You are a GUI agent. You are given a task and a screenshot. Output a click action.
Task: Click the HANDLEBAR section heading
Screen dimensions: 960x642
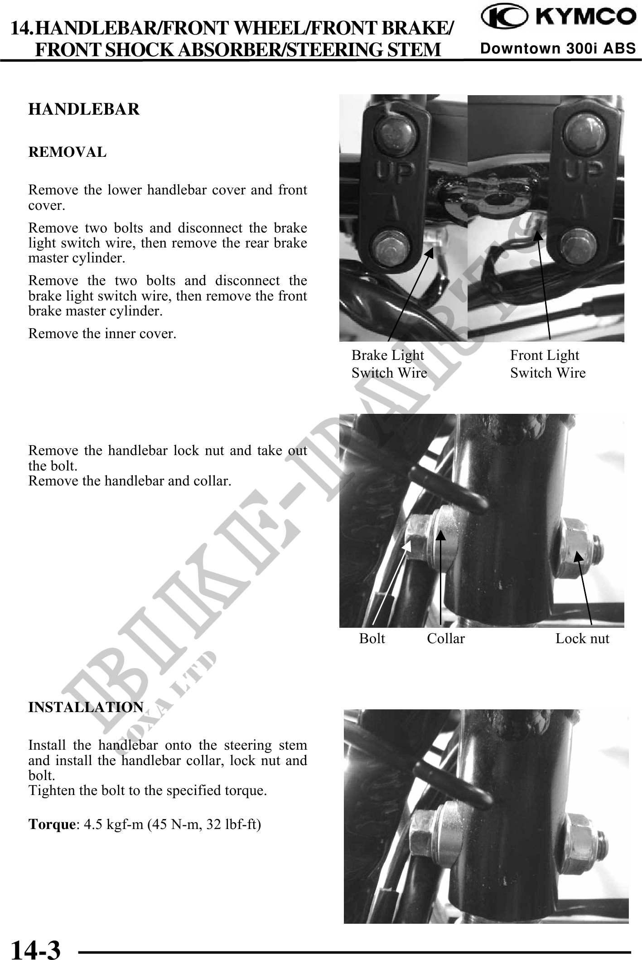click(84, 109)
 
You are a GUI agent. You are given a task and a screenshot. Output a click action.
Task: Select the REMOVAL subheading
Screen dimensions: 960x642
click(68, 152)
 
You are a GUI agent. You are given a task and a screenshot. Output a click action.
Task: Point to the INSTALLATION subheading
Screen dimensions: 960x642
click(86, 707)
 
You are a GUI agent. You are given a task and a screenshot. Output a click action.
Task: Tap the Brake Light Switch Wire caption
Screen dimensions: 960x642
click(389, 364)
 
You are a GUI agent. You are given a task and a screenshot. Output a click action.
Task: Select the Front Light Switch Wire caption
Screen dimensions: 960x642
click(547, 364)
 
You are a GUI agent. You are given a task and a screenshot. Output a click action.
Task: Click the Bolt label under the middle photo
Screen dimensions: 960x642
click(372, 639)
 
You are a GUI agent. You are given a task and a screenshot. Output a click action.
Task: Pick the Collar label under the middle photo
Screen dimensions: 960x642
click(446, 639)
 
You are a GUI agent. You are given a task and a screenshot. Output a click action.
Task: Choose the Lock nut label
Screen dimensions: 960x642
click(582, 639)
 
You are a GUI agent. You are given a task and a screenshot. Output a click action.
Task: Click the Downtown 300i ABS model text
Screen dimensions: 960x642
click(558, 48)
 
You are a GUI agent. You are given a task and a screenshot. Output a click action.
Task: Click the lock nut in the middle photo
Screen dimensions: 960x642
click(577, 549)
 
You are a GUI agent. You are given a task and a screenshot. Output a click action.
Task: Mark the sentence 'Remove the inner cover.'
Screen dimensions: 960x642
click(102, 334)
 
